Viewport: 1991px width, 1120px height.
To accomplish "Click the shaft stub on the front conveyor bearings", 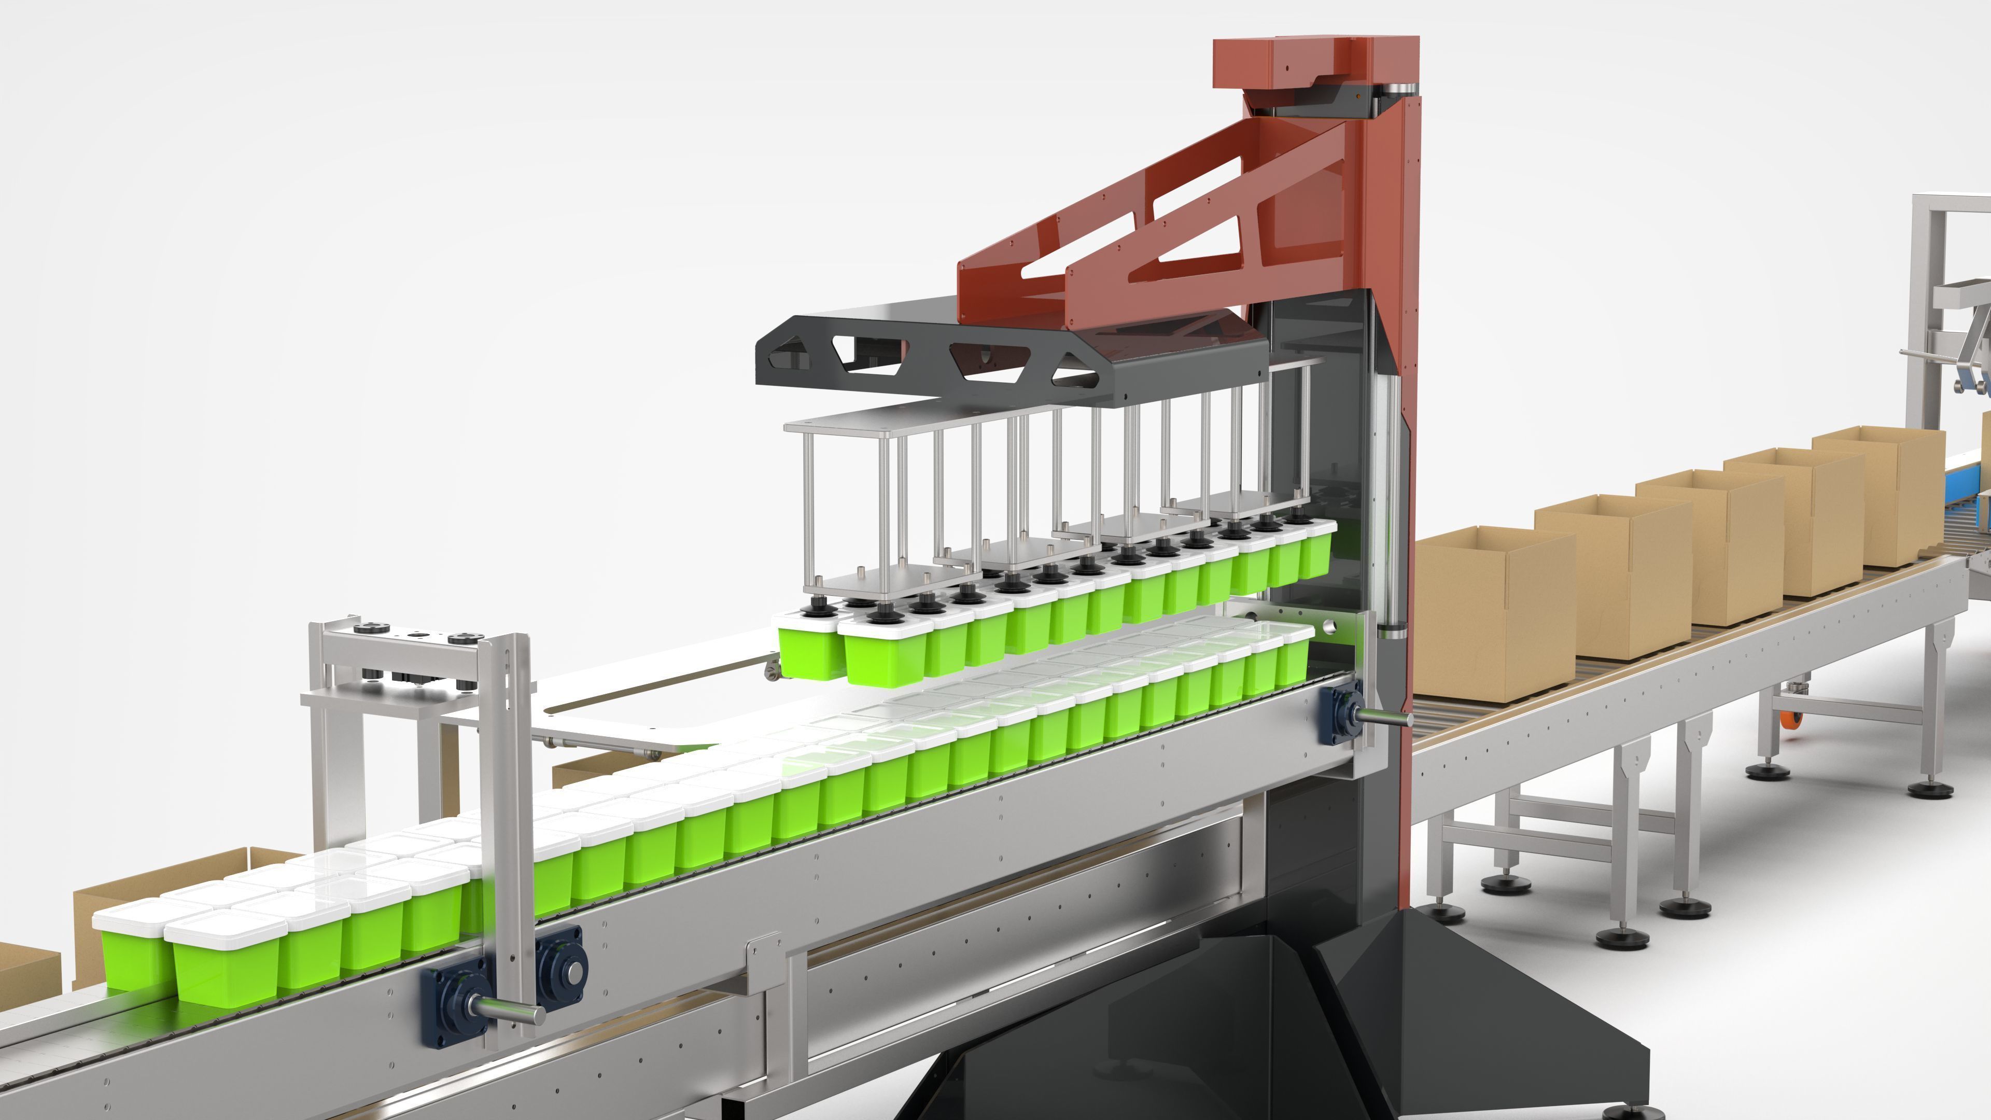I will click(510, 1009).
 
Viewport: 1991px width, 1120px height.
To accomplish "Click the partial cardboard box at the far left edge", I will click(27, 970).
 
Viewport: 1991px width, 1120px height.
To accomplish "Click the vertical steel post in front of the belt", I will click(506, 835).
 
